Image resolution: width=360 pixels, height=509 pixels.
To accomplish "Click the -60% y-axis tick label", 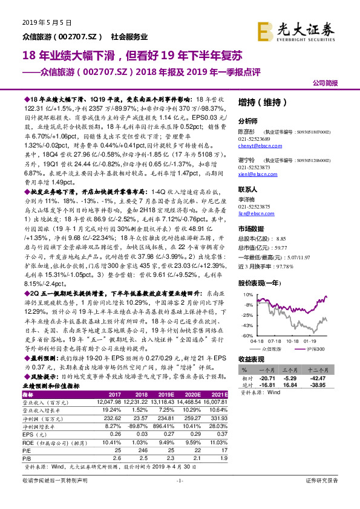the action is [x=247, y=335].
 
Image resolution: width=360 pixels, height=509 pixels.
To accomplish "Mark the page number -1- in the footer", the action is [x=179, y=497].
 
